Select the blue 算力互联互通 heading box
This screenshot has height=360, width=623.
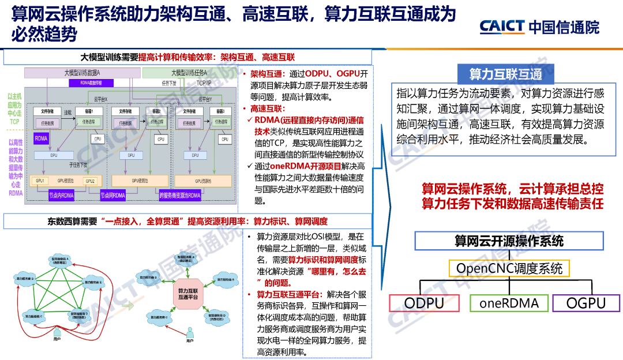(505, 74)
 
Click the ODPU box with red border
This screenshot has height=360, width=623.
(424, 303)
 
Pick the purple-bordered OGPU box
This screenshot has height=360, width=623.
(586, 303)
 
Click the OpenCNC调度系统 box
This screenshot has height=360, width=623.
(509, 268)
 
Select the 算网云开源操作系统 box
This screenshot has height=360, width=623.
(509, 241)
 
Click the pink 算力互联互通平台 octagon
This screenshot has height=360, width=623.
(188, 294)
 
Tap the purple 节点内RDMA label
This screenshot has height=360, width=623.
(62, 196)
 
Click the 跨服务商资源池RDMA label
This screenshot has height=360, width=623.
(179, 196)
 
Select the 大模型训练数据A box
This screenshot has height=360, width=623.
(82, 73)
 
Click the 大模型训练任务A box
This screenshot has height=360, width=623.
(189, 73)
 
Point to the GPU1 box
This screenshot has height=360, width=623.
(40, 181)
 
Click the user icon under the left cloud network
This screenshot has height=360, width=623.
(57, 335)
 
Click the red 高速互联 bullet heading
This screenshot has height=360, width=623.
(267, 108)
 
